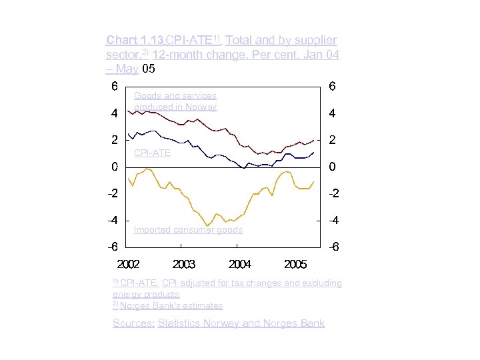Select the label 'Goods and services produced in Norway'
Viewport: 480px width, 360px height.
click(x=175, y=101)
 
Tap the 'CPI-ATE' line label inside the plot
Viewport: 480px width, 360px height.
click(x=152, y=153)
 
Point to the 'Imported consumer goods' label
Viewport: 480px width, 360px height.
click(x=188, y=230)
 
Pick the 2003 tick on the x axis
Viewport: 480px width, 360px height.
click(x=184, y=264)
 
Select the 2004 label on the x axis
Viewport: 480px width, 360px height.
click(x=240, y=264)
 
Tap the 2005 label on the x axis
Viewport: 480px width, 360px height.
click(x=295, y=264)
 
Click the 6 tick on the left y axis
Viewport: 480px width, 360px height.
click(x=115, y=87)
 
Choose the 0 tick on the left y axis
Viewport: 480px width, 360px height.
click(x=115, y=167)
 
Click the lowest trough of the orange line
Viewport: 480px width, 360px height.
click(x=208, y=225)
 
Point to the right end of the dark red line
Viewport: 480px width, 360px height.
click(x=313, y=140)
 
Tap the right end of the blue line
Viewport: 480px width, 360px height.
click(x=313, y=153)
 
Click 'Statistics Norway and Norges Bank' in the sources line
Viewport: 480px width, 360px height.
click(x=241, y=323)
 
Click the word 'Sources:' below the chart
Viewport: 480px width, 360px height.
click(x=133, y=323)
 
